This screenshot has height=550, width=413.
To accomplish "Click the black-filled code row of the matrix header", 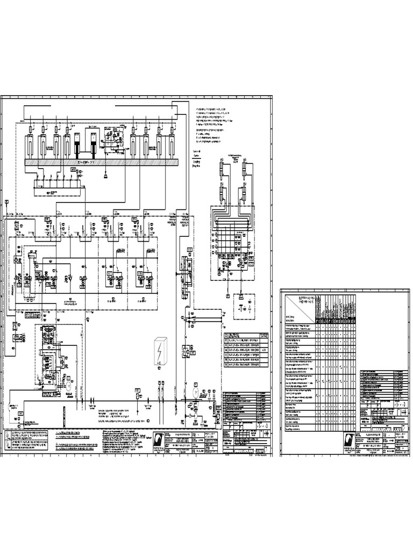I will [x=336, y=322].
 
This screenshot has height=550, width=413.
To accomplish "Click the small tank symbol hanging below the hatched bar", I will [x=106, y=175].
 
